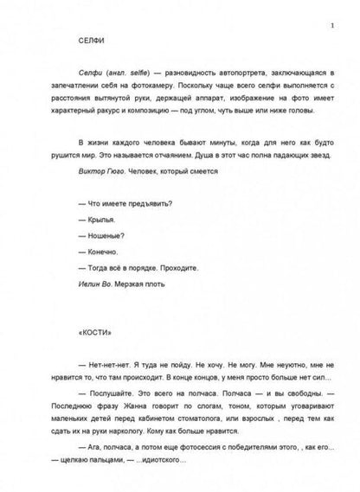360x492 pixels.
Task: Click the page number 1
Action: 320,11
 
